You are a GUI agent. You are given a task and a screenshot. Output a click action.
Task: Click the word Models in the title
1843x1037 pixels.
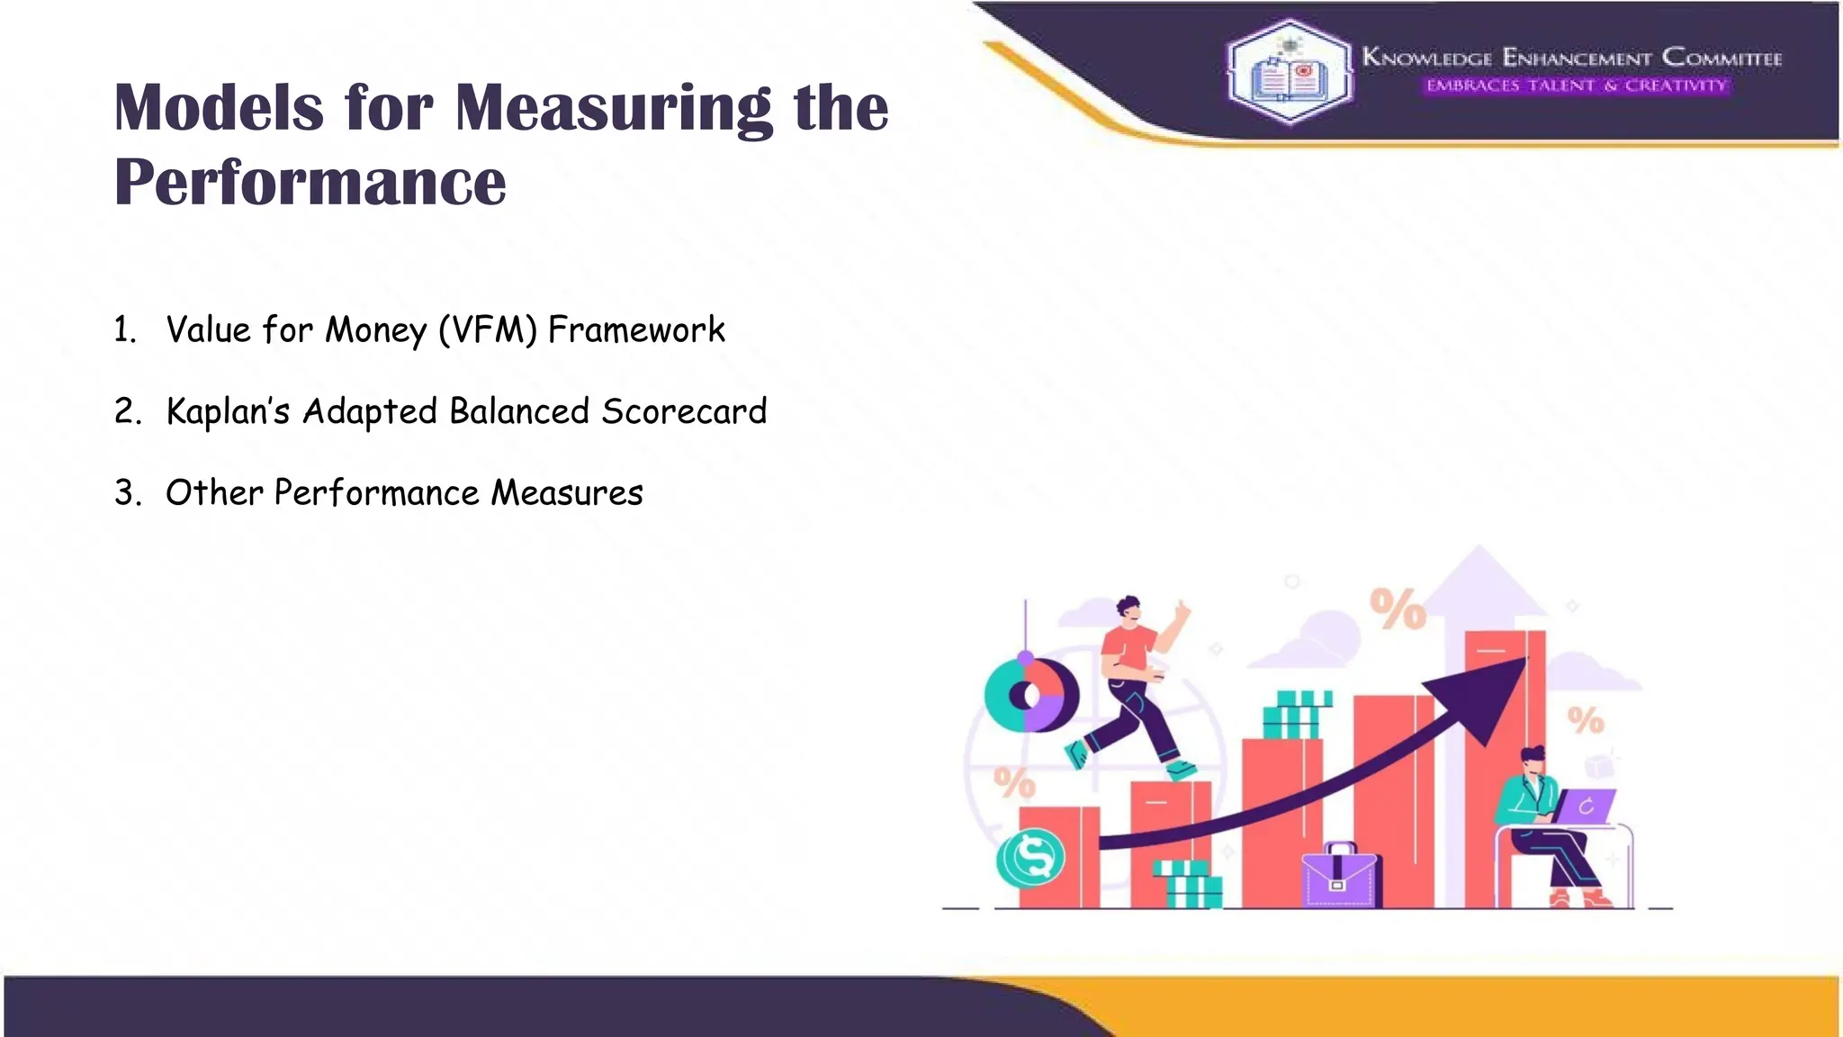pyautogui.click(x=219, y=108)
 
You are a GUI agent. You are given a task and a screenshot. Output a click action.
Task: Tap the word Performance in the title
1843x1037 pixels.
pyautogui.click(x=310, y=183)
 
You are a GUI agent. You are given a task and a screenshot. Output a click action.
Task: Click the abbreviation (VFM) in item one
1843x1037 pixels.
pyautogui.click(x=488, y=330)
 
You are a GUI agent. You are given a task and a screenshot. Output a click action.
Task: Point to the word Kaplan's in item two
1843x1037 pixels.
pyautogui.click(x=229, y=411)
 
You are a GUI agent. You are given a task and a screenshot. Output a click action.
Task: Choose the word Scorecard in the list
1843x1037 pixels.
pyautogui.click(x=684, y=411)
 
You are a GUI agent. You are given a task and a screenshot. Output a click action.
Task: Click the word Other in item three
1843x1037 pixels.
pyautogui.click(x=214, y=492)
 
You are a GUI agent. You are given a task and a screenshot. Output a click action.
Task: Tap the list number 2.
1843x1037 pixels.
pyautogui.click(x=126, y=411)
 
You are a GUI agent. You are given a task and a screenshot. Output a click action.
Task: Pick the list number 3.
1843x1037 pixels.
pyautogui.click(x=126, y=493)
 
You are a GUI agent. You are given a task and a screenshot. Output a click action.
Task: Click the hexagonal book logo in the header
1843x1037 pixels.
pyautogui.click(x=1290, y=72)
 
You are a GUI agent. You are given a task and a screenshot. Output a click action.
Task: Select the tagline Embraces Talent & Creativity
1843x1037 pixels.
pyautogui.click(x=1576, y=86)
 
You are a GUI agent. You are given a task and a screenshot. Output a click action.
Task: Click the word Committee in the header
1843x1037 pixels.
pyautogui.click(x=1722, y=58)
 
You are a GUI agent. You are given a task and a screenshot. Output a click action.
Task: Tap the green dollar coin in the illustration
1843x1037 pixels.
pyautogui.click(x=1031, y=857)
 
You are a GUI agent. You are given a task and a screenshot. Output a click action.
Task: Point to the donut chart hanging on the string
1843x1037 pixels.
pyautogui.click(x=1031, y=695)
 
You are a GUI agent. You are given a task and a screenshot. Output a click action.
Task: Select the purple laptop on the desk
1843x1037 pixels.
pyautogui.click(x=1584, y=806)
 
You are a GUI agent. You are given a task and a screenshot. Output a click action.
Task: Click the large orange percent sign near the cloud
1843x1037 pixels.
pyautogui.click(x=1398, y=609)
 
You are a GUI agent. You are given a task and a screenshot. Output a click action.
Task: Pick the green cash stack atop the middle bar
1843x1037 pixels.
pyautogui.click(x=1297, y=715)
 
